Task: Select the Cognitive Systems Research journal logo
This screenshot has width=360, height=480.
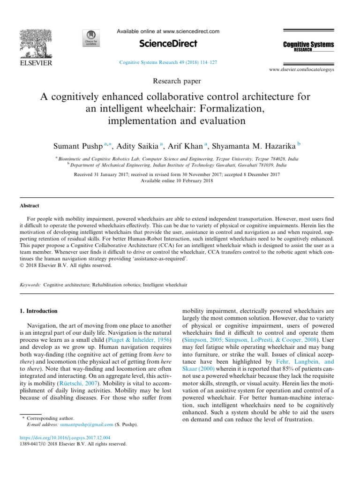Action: tap(308, 46)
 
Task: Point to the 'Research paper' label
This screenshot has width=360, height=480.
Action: tap(177, 81)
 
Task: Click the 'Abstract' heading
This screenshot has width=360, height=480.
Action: tap(29, 206)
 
